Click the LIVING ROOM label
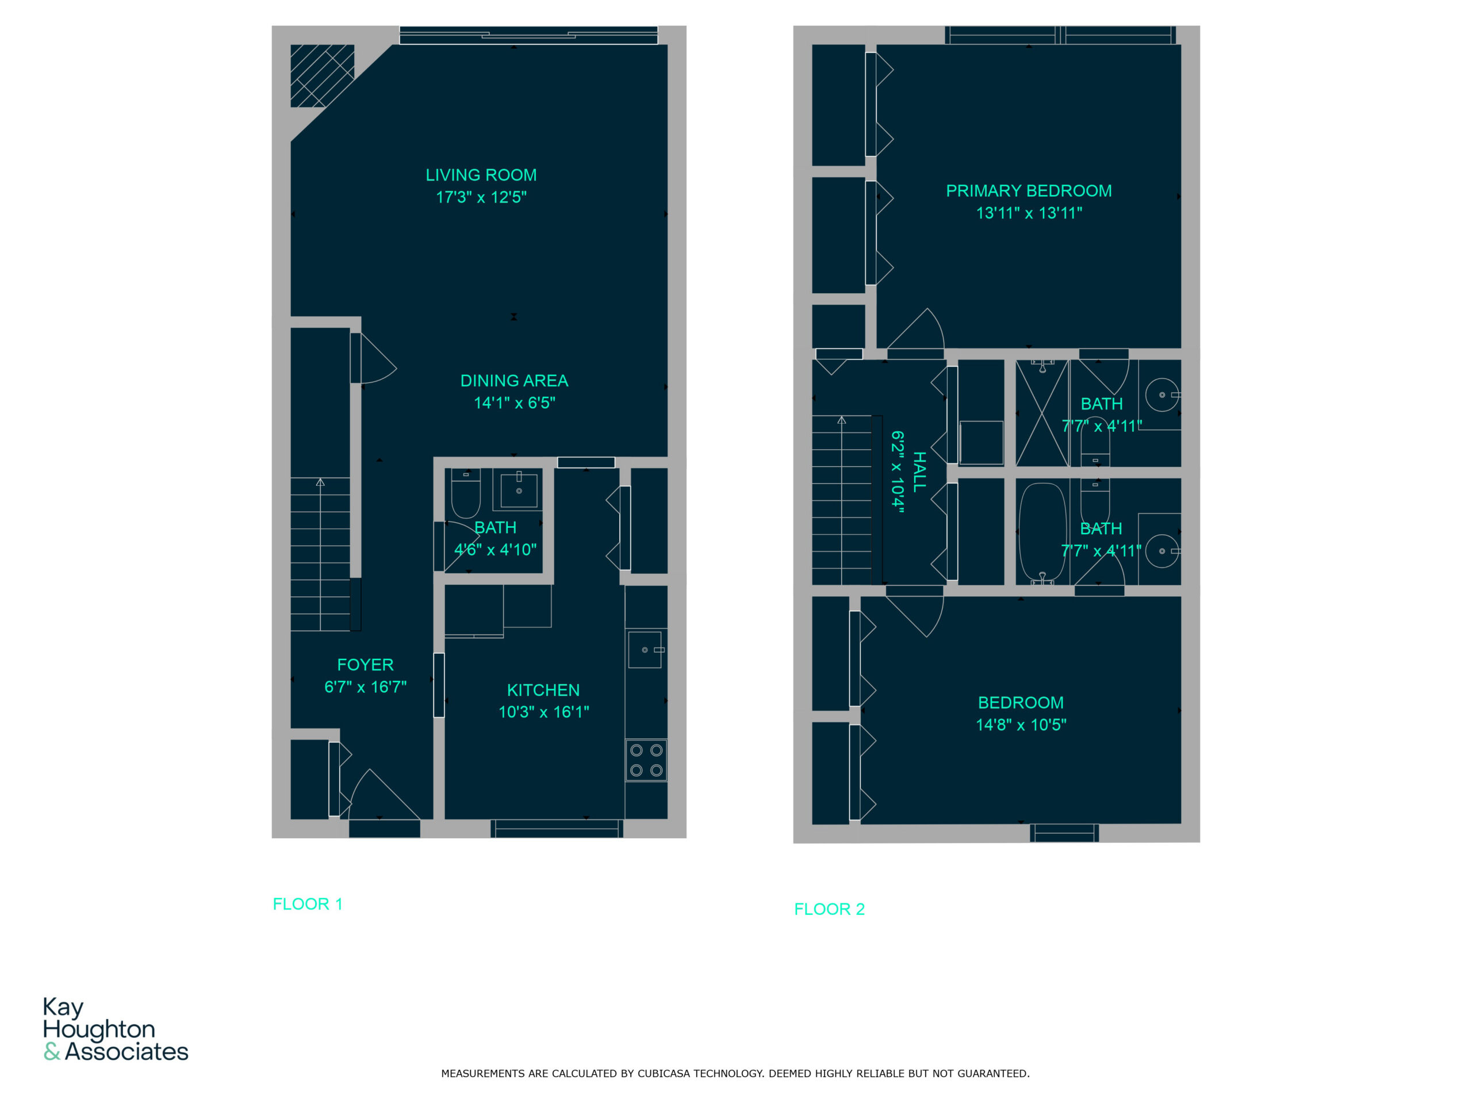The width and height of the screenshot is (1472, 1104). (x=481, y=175)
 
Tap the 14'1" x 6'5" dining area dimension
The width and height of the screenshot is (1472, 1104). (x=515, y=402)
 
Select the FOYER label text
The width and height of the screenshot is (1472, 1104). (x=365, y=665)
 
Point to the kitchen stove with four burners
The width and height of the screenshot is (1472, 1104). (x=646, y=760)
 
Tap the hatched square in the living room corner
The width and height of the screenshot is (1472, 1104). (x=322, y=76)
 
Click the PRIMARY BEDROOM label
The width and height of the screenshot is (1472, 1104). (x=1029, y=191)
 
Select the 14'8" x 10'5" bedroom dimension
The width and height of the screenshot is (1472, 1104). (x=1021, y=724)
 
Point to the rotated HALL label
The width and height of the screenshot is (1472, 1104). (x=919, y=471)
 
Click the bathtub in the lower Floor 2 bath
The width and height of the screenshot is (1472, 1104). (x=1042, y=532)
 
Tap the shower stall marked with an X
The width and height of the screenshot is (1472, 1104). (x=1042, y=413)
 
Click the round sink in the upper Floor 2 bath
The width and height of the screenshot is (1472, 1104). (x=1163, y=394)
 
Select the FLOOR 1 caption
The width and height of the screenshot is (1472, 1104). (x=308, y=904)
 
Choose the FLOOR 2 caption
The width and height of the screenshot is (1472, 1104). (x=829, y=909)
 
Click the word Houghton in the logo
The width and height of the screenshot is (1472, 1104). (x=99, y=1029)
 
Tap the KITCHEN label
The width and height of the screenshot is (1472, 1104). (x=544, y=690)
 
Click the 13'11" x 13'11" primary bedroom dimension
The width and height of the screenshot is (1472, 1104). (x=1029, y=213)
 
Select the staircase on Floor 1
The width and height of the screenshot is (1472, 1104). (x=321, y=554)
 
